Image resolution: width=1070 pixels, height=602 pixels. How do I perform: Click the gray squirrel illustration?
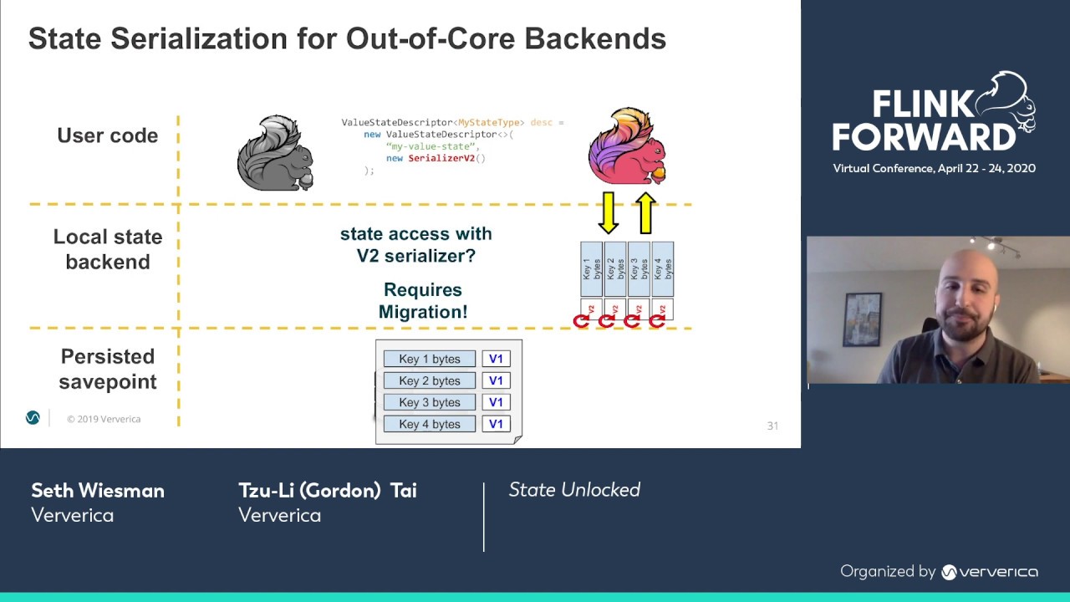[275, 153]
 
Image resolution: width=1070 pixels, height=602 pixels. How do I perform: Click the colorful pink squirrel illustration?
[627, 145]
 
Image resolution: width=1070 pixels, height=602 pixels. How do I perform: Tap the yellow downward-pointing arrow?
[609, 212]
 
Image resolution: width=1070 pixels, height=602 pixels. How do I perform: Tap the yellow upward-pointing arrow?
[645, 212]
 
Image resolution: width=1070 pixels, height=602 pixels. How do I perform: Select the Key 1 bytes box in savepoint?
[429, 359]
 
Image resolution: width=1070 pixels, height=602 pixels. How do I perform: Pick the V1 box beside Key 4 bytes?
[496, 424]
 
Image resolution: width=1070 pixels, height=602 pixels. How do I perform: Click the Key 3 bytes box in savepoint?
[429, 402]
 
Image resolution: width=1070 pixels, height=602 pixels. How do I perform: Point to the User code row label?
[107, 135]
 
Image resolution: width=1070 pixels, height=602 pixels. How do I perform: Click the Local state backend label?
[107, 249]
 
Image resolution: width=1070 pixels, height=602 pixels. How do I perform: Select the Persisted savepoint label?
[107, 369]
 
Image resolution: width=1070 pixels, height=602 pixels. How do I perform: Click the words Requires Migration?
[422, 301]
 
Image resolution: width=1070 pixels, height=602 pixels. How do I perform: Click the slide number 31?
[772, 426]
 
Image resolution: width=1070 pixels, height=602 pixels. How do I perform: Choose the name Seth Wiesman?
[98, 491]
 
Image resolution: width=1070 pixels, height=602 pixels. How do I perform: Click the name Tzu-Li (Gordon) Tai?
[327, 491]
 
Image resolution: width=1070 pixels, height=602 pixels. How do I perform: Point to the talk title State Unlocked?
[574, 490]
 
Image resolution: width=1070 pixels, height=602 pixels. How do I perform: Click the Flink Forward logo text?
[923, 120]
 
